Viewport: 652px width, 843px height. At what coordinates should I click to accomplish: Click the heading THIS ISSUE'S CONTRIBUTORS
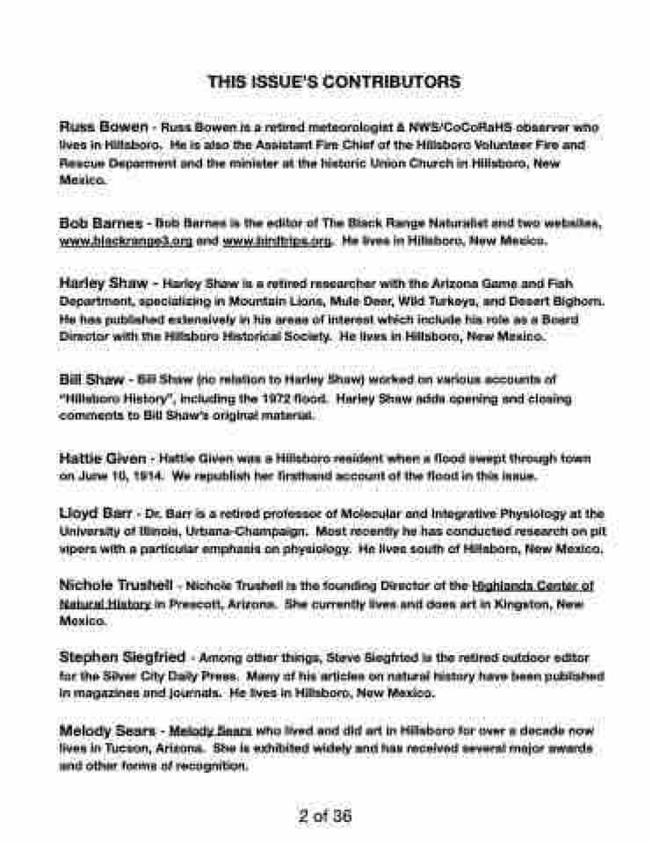[334, 82]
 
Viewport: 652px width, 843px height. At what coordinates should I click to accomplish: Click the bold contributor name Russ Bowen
[103, 126]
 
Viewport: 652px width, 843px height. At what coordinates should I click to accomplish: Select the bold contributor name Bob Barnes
[99, 223]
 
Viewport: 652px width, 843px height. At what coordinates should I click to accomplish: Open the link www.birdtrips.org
[277, 240]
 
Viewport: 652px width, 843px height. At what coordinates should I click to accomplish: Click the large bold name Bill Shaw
[91, 379]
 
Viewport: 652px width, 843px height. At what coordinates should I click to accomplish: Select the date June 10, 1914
[118, 475]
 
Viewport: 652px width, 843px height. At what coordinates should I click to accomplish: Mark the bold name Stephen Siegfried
[122, 656]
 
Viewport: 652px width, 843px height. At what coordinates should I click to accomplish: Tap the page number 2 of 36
[324, 816]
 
